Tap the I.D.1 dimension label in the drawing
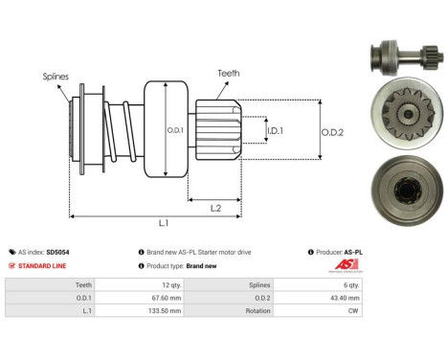click(275, 130)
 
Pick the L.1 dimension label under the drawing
click(162, 223)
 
